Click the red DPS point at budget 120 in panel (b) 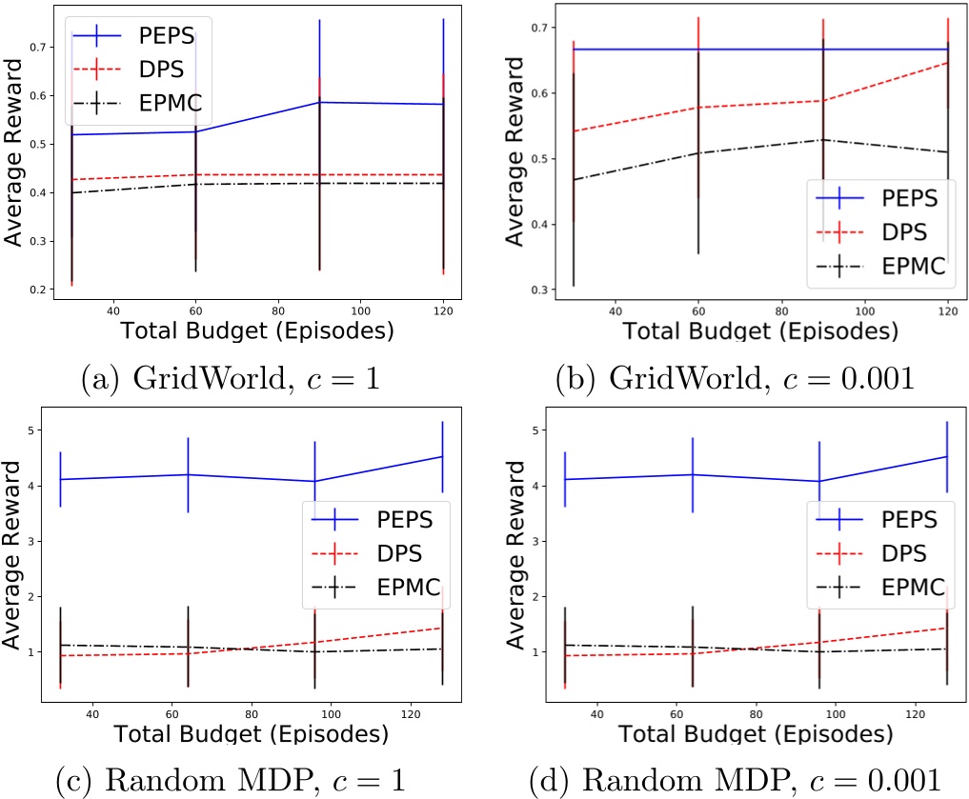949,63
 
